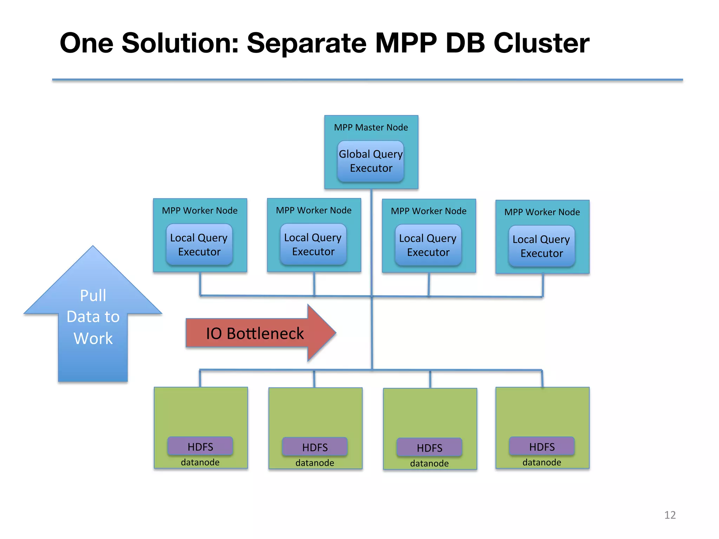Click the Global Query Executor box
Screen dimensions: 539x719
[x=371, y=161]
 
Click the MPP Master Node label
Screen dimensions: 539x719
[x=371, y=127]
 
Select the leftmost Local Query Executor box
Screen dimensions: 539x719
[x=199, y=245]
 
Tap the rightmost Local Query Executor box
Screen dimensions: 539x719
[x=541, y=246]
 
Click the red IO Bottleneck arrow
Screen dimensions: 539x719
[x=255, y=333]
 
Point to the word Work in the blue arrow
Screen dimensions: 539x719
[x=93, y=339]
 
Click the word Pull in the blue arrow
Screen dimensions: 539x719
[x=93, y=295]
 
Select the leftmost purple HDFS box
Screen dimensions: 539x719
[x=200, y=446]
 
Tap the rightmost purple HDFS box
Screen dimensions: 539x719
[x=542, y=446]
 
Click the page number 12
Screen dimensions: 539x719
[x=670, y=515]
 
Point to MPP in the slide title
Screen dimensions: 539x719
[x=406, y=43]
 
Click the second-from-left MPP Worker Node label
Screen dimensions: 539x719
[x=314, y=210]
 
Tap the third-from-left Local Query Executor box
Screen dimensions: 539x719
[x=428, y=245]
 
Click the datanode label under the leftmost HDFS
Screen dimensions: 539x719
[x=200, y=462]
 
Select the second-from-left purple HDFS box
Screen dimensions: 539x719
[x=315, y=447]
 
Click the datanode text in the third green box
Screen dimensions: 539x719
[x=429, y=463]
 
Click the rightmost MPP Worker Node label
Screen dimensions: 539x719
[x=542, y=212]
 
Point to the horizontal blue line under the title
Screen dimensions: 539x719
[x=367, y=80]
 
